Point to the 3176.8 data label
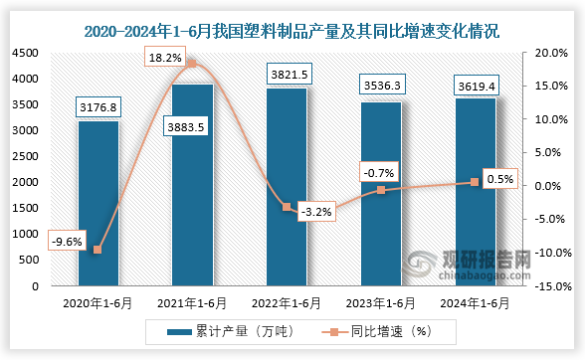(98, 105)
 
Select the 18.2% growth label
(166, 59)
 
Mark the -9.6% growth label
(66, 240)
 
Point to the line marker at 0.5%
(475, 182)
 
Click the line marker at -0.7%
(382, 190)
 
